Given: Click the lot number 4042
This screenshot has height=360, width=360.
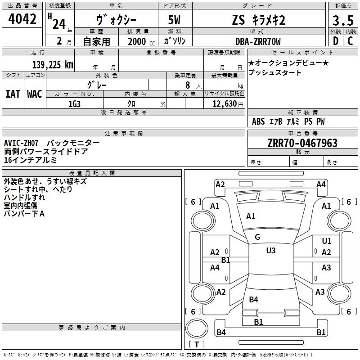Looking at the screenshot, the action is (22, 19).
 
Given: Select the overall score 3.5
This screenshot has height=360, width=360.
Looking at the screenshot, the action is (343, 20).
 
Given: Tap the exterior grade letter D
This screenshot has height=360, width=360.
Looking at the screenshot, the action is (336, 41).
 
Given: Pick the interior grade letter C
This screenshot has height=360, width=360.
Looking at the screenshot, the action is (350, 41).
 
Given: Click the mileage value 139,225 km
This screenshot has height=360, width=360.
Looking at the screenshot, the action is (53, 65).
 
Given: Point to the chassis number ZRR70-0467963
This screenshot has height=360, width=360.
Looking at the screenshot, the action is (302, 143).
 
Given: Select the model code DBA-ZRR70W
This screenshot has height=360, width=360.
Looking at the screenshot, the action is (258, 41).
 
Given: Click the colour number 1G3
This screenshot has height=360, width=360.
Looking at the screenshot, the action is (74, 104).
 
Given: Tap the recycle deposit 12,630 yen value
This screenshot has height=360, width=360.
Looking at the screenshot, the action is (228, 104).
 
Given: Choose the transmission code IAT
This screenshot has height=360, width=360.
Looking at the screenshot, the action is (13, 94).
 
